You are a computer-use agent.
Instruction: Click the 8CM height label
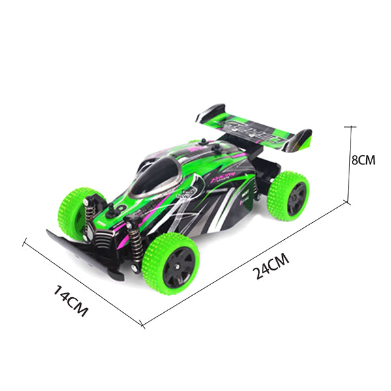tap(364, 160)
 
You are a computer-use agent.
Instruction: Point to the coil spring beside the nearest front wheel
tap(138, 244)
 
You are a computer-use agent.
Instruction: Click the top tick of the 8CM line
tap(352, 126)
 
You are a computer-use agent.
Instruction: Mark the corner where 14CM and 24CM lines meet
tap(143, 324)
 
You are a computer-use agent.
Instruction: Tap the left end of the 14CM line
tap(24, 242)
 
